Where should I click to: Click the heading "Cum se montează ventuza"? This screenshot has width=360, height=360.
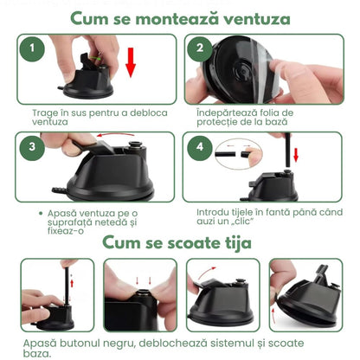click(180, 17)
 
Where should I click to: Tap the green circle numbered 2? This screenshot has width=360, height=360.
click(199, 49)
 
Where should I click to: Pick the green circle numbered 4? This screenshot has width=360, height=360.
click(199, 147)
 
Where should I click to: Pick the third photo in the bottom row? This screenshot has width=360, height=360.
click(222, 294)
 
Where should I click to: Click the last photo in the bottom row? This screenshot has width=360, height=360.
click(305, 294)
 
